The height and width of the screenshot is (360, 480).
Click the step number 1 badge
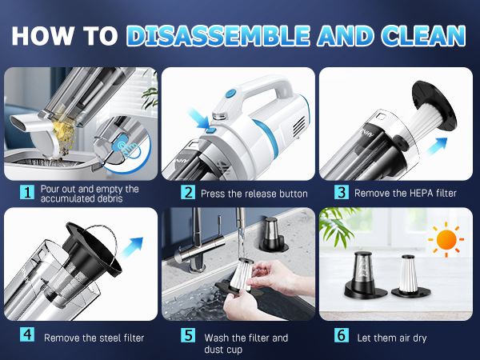click(28, 193)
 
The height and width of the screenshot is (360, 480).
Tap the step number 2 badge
click(187, 193)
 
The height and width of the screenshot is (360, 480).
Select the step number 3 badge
click(341, 193)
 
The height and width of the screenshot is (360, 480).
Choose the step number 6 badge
click(342, 337)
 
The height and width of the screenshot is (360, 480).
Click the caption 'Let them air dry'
click(393, 337)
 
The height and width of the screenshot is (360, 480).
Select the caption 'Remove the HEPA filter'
click(406, 193)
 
